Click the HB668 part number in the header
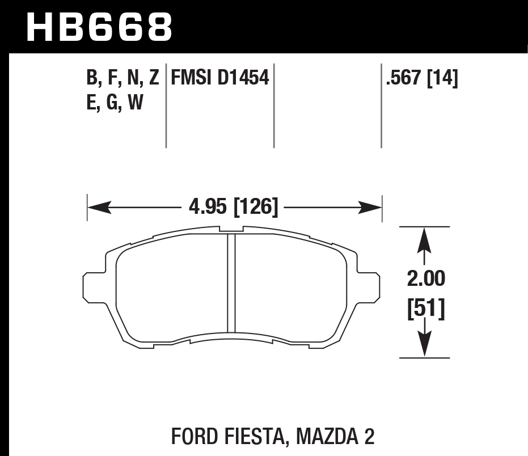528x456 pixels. (99, 27)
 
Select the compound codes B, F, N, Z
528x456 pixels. (122, 78)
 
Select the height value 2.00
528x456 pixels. (425, 279)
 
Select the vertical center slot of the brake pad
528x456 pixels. (231, 283)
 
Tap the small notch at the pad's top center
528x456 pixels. (231, 230)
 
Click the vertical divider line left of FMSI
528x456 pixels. (166, 105)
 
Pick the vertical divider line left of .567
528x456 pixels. (381, 105)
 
